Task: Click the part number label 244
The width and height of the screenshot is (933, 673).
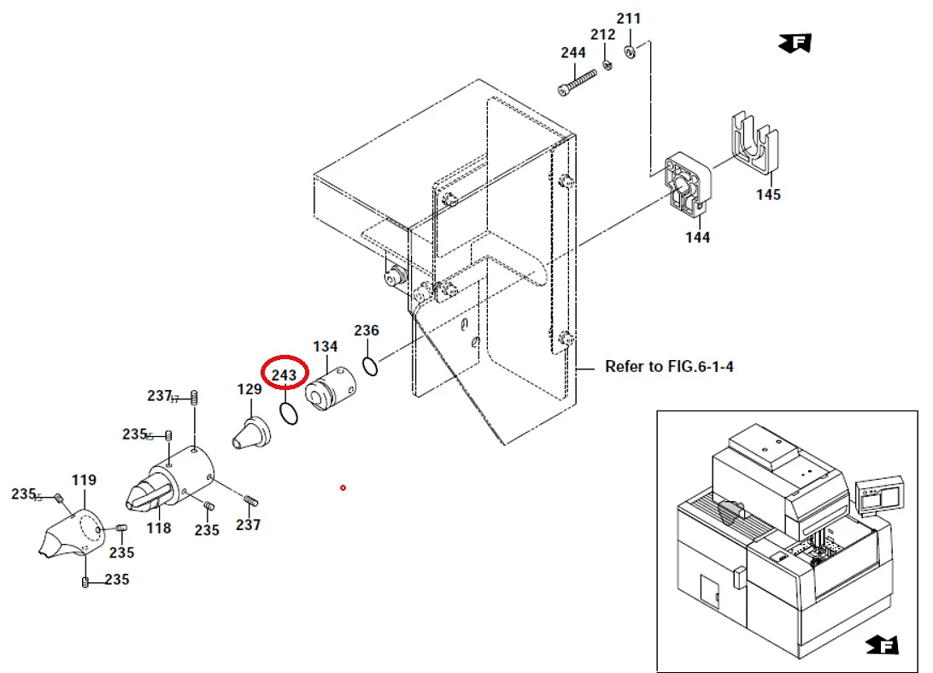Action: (x=573, y=53)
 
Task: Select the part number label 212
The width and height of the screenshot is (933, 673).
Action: (x=602, y=35)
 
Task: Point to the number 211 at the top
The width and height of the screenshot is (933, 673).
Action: (x=628, y=18)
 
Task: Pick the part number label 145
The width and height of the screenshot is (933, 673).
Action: (x=768, y=195)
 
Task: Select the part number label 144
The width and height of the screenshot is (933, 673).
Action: (x=697, y=237)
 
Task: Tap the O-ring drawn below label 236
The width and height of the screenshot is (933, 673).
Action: (x=370, y=366)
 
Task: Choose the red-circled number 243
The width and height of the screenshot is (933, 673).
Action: (x=284, y=375)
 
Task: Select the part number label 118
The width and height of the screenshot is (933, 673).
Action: (x=159, y=528)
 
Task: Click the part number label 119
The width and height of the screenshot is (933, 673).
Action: (x=84, y=481)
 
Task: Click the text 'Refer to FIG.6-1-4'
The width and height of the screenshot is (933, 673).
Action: (x=669, y=367)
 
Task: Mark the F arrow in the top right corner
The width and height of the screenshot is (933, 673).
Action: (x=795, y=42)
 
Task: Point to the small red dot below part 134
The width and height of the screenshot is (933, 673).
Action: (x=343, y=487)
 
